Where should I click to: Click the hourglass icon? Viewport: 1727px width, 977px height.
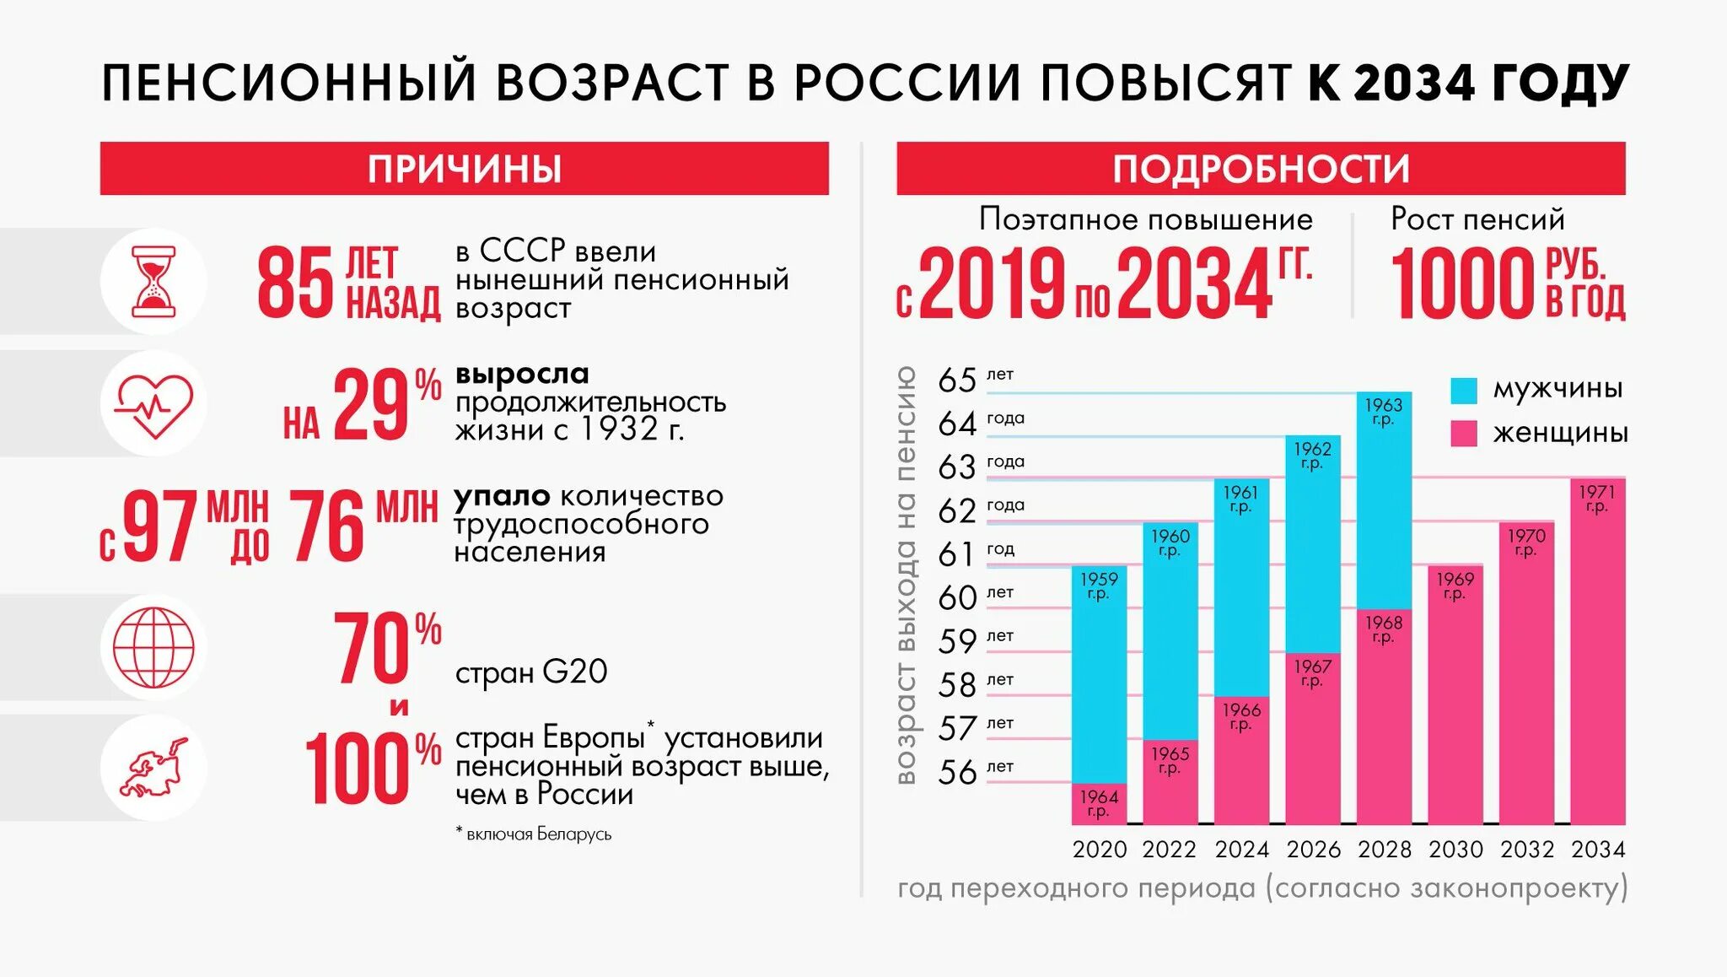153,282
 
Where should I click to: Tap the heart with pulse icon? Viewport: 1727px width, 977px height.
153,404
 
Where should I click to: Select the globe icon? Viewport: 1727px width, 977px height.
153,647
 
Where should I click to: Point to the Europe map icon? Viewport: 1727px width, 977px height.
153,768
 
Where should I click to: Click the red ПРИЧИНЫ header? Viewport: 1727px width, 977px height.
464,169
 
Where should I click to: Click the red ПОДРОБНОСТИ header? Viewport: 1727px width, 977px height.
1261,169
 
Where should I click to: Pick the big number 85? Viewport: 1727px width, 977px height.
295,283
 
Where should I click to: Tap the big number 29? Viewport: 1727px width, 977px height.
371,406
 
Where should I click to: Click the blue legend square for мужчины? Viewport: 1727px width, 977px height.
1464,390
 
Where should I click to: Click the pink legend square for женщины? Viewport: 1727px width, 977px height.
1464,434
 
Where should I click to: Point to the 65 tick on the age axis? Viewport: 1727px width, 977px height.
957,381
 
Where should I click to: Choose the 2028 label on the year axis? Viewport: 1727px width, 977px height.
1385,850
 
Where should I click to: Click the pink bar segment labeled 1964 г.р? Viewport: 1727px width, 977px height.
1099,804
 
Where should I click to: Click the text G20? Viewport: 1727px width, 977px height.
575,672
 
